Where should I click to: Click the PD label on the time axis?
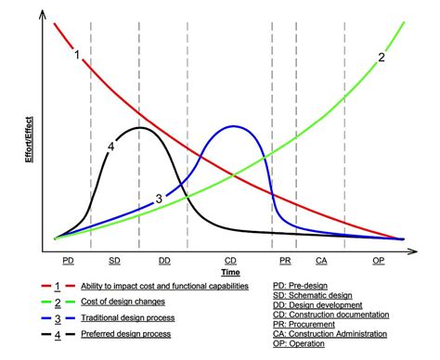click(x=67, y=262)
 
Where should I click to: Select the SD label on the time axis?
click(x=114, y=262)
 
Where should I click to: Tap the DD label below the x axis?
click(x=164, y=262)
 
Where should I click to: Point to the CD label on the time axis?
click(x=230, y=262)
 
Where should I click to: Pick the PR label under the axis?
click(x=285, y=262)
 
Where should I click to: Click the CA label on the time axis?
click(x=321, y=262)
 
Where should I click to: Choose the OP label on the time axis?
click(x=378, y=262)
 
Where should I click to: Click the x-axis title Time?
click(x=230, y=273)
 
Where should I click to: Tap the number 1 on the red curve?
click(x=78, y=54)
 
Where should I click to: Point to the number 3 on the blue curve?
click(x=159, y=199)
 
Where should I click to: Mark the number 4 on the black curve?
click(x=110, y=146)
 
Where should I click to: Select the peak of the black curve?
click(x=140, y=128)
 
